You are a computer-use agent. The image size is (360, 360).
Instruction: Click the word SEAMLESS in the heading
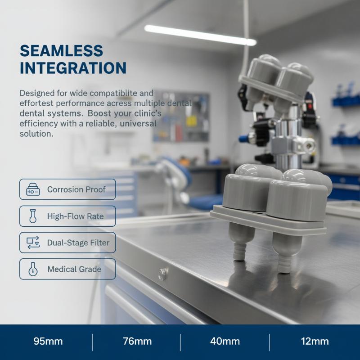61,51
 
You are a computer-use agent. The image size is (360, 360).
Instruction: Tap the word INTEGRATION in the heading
73,68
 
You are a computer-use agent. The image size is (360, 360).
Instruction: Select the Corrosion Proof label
76,189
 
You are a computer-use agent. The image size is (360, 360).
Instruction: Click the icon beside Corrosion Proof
33,189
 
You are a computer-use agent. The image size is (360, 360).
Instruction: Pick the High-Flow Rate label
75,216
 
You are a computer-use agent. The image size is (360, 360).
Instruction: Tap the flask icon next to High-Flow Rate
33,216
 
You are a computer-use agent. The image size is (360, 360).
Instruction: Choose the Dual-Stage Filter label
78,243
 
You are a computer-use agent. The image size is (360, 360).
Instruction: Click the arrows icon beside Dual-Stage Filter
33,243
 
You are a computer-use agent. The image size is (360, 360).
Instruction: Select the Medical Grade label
74,269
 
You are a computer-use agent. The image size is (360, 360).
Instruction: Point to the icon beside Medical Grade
33,269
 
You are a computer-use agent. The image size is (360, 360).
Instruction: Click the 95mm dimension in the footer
48,342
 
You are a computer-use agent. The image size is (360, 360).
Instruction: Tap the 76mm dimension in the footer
137,342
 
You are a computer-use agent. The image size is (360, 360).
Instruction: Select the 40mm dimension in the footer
225,342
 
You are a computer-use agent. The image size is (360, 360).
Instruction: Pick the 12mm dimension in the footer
315,342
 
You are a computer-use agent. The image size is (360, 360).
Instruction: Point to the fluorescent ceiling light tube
200,35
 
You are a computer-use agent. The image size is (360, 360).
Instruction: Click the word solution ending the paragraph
36,134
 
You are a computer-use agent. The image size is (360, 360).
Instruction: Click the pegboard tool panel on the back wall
181,117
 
